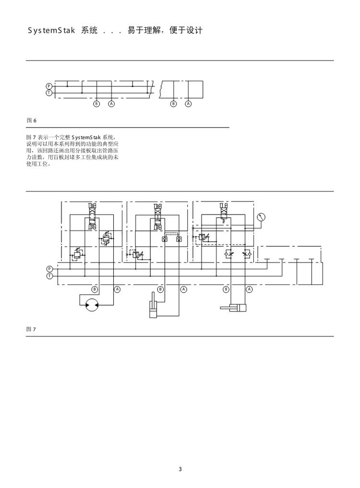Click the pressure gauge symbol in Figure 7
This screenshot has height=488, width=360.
261,217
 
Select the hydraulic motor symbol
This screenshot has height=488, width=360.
91,304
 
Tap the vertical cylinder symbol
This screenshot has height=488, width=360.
154,307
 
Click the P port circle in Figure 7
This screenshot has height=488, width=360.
49,268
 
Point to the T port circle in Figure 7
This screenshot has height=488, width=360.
49,276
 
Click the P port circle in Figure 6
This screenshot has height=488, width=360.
48,86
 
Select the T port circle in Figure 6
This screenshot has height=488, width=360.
48,93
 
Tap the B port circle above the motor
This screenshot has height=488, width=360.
95,289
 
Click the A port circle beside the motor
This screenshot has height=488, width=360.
117,289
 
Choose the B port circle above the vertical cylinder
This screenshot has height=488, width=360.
160,289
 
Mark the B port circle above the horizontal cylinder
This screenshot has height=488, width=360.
227,289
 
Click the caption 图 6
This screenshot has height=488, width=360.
31,119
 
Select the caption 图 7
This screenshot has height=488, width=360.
31,329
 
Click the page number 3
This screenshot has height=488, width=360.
180,469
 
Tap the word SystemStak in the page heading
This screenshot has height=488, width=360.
50,31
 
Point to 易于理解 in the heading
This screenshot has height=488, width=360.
141,31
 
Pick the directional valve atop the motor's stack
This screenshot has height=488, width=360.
92,209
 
